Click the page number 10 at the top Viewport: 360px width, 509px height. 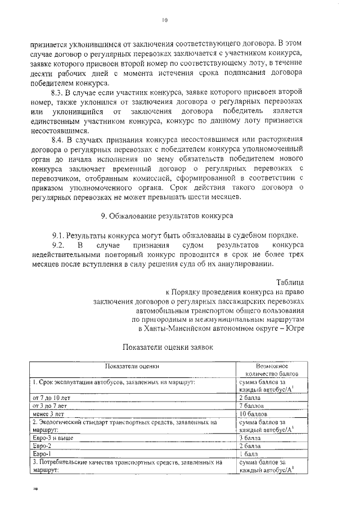coord(165,20)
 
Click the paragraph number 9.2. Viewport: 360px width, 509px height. coord(60,245)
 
